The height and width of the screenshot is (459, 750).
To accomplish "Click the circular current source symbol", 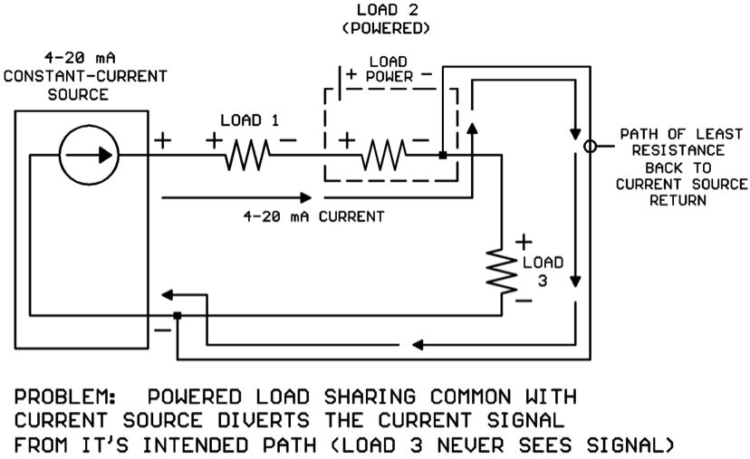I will (88, 155).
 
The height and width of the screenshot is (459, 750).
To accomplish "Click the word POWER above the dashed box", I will (389, 76).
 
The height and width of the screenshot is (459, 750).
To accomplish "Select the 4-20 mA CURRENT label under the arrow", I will (313, 217).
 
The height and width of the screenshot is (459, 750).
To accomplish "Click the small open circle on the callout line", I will (591, 145).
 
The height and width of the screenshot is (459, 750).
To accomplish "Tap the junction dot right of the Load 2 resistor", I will (441, 155).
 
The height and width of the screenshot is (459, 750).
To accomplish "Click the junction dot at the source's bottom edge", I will (178, 315).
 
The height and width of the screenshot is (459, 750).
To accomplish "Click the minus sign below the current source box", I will (161, 330).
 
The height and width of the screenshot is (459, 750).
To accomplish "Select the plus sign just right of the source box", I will (162, 140).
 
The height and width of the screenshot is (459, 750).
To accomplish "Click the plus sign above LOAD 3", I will (524, 243).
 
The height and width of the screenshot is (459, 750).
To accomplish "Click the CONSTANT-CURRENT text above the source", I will (84, 76).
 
